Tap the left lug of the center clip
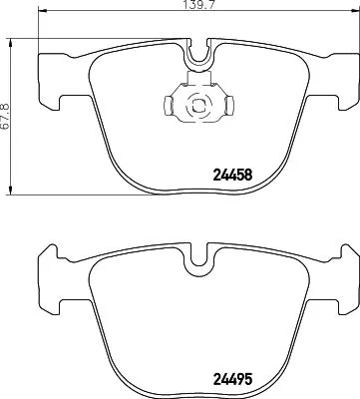167,102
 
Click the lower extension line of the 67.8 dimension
20,193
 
